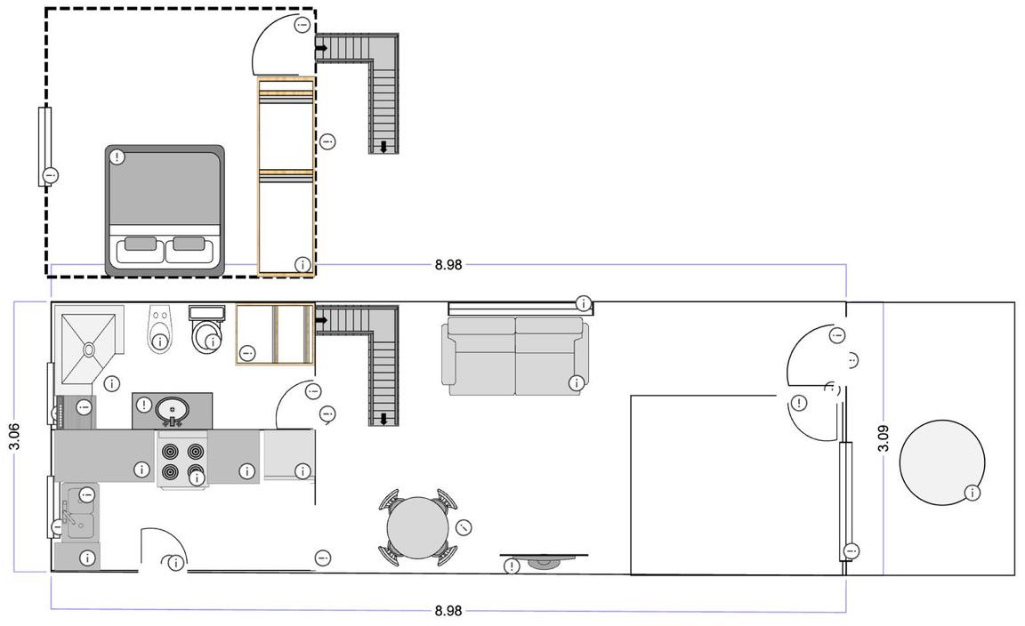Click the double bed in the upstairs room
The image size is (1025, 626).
[165, 210]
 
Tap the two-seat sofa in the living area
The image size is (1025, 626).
[515, 357]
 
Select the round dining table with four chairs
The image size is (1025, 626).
[417, 526]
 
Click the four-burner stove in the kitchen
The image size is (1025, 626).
[182, 461]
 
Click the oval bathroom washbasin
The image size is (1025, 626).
[173, 411]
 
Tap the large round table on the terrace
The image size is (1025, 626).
[941, 462]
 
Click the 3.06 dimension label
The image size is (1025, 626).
[14, 436]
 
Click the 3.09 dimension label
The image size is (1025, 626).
[884, 437]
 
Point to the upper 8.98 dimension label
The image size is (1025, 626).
[448, 265]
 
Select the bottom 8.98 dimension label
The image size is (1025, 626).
[448, 611]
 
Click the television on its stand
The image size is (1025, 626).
[544, 561]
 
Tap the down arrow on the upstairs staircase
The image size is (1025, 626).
[383, 147]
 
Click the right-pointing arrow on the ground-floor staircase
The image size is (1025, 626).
[321, 320]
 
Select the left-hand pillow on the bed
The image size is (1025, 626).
[141, 244]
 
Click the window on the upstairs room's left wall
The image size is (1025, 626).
[44, 147]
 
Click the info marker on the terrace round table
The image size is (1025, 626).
[972, 493]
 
